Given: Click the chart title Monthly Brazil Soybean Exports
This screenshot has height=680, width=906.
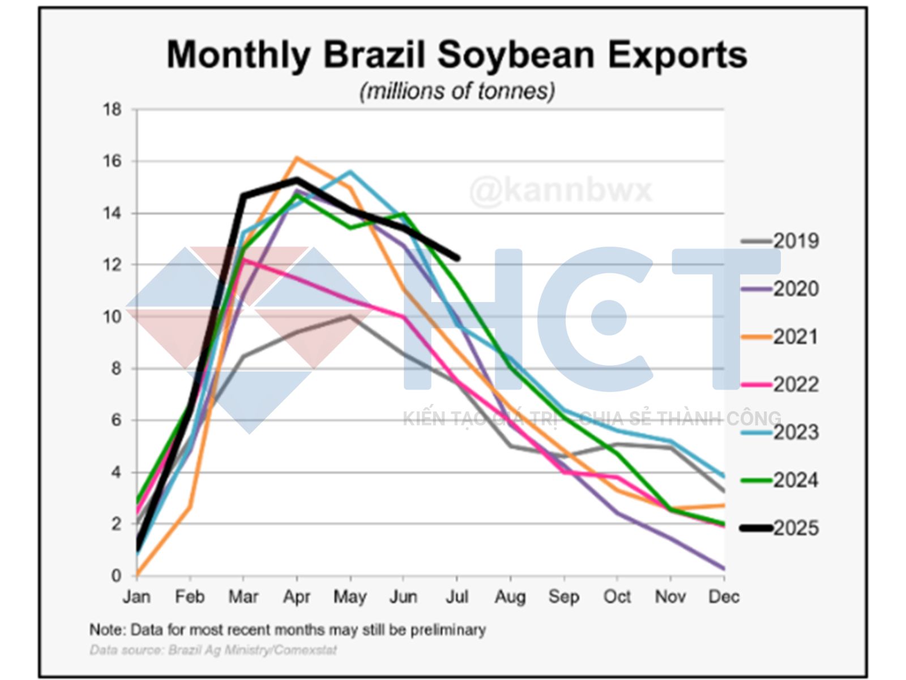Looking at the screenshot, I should tap(456, 54).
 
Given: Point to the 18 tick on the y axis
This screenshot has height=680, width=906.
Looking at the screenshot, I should tap(112, 109).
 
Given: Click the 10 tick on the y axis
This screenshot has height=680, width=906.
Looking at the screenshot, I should tap(112, 317).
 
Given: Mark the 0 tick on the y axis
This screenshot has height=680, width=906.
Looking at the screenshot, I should tap(116, 576).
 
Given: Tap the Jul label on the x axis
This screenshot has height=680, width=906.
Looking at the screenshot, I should tap(456, 597).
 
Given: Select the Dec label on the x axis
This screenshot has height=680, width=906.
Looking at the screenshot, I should tap(724, 597).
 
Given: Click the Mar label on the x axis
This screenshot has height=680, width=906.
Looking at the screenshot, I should tap(243, 597).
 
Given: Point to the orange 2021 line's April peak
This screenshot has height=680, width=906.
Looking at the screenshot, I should tap(297, 158).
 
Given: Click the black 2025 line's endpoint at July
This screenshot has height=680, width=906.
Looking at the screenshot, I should tap(457, 258).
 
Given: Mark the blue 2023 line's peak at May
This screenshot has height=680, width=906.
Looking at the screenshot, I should tap(350, 171).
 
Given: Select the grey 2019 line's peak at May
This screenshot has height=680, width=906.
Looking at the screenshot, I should tap(350, 316).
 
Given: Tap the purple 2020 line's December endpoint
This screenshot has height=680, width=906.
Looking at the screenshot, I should tap(723, 568).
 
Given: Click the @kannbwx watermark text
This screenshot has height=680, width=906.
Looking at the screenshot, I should tap(561, 190).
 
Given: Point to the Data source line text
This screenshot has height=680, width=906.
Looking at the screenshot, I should tap(213, 650).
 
